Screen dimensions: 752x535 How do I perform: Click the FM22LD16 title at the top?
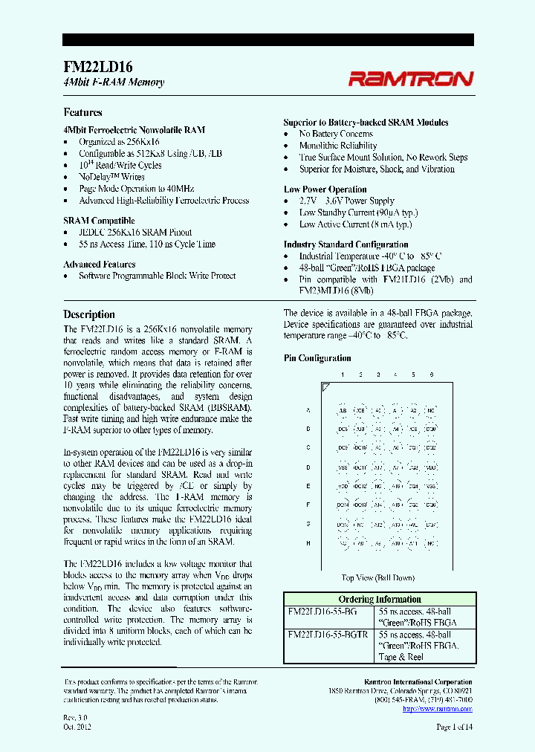(x=92, y=66)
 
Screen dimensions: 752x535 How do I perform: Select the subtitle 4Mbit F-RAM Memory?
(x=114, y=82)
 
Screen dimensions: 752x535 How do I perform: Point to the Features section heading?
(x=82, y=112)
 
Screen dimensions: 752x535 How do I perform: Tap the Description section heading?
(x=88, y=314)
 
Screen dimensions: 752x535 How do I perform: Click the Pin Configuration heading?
(x=317, y=358)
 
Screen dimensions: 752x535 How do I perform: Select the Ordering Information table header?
(x=379, y=599)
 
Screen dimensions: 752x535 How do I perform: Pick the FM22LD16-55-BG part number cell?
(x=322, y=611)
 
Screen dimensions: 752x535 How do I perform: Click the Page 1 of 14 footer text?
(x=454, y=727)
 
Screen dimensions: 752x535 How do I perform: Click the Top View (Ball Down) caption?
(x=377, y=577)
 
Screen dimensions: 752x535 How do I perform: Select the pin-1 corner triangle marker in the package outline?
(x=325, y=387)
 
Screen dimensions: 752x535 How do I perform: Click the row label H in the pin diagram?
(x=308, y=544)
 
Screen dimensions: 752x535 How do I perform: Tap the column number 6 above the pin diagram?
(x=431, y=375)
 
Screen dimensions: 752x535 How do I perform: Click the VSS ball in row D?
(x=343, y=467)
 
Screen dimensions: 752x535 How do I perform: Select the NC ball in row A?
(x=431, y=410)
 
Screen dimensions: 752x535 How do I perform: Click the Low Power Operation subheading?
(x=325, y=189)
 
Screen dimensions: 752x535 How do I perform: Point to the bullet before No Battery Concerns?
(x=288, y=134)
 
